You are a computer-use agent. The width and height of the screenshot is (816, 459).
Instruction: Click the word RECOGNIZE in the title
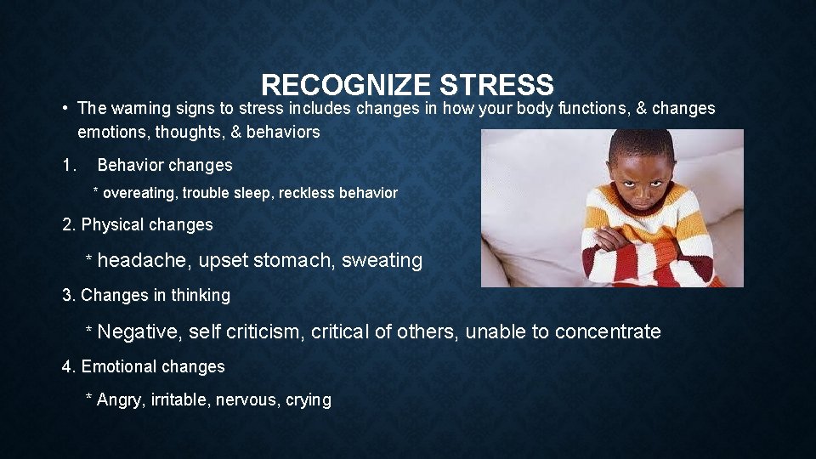(347, 85)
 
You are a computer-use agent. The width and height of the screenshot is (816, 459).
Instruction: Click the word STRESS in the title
(497, 85)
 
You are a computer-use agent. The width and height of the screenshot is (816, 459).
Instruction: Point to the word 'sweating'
(382, 261)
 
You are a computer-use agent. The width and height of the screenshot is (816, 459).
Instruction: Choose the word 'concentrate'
(608, 331)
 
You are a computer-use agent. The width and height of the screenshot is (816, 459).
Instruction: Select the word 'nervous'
(249, 400)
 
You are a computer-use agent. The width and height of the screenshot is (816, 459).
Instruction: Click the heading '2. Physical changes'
(138, 225)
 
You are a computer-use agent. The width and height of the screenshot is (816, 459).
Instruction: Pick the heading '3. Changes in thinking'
(146, 296)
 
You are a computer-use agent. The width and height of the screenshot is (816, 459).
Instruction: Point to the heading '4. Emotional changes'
(144, 367)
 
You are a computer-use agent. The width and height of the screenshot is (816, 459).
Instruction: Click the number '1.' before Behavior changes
(70, 165)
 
